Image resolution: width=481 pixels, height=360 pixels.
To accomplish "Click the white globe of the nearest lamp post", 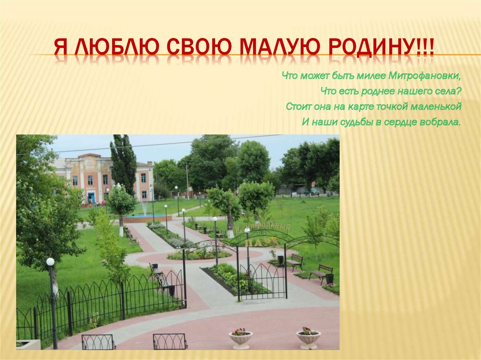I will click(x=50, y=262).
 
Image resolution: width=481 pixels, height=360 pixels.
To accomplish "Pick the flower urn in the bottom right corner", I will click(x=308, y=338).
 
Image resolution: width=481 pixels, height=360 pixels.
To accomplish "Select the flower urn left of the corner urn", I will click(x=240, y=339).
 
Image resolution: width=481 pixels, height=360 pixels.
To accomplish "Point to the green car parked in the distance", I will click(x=311, y=191).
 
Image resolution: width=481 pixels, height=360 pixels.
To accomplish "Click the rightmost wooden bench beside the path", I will click(x=322, y=273).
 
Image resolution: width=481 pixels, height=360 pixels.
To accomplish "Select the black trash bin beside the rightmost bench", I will click(x=330, y=279).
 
